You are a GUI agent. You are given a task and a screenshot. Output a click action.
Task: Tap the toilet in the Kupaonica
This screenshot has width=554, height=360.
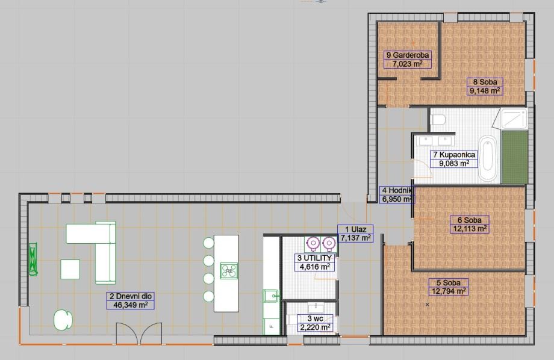tap(438, 117)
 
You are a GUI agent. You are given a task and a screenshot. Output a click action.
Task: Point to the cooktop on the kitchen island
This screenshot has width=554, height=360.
tap(228, 270)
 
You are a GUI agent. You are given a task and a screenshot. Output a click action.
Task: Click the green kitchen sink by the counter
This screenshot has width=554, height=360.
tap(270, 296)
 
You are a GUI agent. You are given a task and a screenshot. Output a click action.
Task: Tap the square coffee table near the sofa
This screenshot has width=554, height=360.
tap(70, 268)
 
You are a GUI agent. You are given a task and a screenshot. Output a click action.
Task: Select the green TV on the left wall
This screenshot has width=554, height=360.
tap(33, 259)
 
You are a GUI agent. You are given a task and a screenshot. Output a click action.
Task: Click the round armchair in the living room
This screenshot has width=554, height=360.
tap(62, 319)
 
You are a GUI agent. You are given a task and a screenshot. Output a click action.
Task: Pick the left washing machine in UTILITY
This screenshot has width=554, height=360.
tap(313, 243)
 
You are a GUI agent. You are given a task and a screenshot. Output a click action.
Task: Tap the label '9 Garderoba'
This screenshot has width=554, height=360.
tap(407, 55)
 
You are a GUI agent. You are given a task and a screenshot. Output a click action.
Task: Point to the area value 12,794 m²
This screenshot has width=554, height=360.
tap(449, 291)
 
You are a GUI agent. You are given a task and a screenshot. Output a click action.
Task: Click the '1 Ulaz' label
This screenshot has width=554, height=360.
tap(355, 229)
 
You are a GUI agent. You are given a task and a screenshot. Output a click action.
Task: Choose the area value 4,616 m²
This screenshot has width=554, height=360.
tap(313, 266)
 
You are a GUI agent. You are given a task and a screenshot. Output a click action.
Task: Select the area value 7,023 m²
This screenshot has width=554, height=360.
tap(407, 63)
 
